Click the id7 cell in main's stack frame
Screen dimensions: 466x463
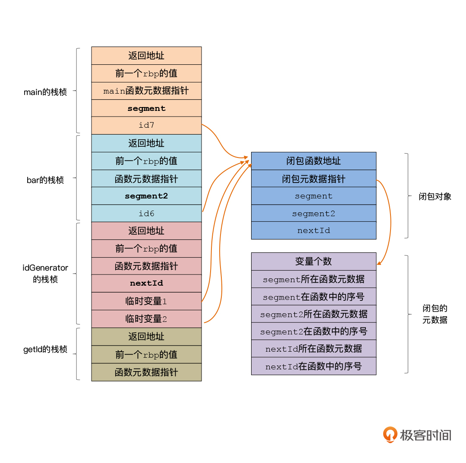click(146, 126)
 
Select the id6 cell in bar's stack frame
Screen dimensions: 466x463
click(146, 213)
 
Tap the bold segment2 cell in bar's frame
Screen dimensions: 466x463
click(146, 196)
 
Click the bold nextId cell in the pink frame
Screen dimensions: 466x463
click(146, 283)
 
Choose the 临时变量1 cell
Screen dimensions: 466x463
click(146, 301)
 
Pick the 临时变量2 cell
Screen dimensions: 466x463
click(146, 319)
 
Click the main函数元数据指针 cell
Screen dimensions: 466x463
click(146, 91)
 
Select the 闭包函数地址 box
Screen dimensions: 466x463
click(314, 161)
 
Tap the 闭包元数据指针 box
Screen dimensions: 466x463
click(314, 179)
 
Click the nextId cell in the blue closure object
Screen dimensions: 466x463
click(314, 230)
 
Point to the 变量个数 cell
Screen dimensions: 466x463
click(314, 261)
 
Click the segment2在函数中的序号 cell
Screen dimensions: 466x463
click(314, 331)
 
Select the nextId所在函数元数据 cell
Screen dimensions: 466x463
click(314, 349)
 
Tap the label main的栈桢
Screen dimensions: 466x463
click(45, 92)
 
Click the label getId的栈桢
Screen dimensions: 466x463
click(45, 349)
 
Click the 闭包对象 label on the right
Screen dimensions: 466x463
click(435, 196)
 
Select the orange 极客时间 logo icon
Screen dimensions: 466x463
click(390, 435)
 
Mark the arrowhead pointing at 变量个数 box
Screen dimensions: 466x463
click(379, 263)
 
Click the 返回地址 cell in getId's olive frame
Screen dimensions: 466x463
click(146, 337)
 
